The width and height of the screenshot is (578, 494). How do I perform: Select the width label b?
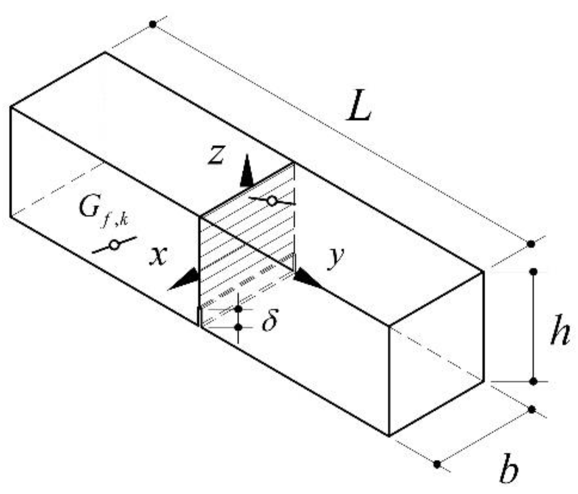coord(509,468)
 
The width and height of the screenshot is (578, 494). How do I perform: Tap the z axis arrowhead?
coord(246,172)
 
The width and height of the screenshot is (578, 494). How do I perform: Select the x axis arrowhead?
coord(184,281)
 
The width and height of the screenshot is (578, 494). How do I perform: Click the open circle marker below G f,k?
coord(114,245)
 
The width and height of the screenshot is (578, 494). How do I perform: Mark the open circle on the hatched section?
coord(272,201)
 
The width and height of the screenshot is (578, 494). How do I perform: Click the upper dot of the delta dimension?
coord(238,308)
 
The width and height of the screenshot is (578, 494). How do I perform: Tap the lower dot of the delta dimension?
coord(238,327)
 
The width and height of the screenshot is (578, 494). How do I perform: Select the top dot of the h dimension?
coord(533,271)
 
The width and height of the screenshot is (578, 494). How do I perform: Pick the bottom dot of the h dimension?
coord(533,381)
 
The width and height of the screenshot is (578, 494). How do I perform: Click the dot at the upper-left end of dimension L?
coord(153,24)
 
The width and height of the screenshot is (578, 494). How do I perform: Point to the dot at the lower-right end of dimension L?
coord(531,244)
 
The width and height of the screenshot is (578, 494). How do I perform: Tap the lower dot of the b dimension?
coord(437,463)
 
